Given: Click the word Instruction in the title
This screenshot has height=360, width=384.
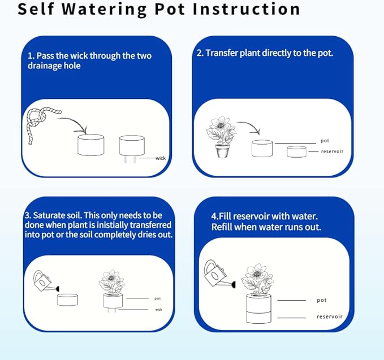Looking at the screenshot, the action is click(x=247, y=9).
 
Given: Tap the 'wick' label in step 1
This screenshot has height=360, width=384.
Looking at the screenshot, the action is click(x=161, y=158).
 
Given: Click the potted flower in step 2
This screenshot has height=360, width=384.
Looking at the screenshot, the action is click(x=221, y=137).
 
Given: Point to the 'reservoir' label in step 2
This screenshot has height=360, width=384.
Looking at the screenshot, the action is click(x=332, y=151).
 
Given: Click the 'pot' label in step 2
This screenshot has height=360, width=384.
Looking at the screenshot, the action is click(x=325, y=141).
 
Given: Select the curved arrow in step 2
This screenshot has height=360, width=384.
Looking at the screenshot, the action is click(x=249, y=127).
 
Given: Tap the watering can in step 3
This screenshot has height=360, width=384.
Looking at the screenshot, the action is click(x=46, y=281).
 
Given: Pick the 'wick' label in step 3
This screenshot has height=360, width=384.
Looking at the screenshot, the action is click(x=159, y=310).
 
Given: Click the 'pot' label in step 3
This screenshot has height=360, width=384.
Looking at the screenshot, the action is click(x=157, y=298).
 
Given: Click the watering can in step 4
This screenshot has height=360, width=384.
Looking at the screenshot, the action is click(x=219, y=274).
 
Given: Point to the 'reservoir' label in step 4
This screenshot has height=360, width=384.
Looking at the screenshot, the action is click(x=329, y=316).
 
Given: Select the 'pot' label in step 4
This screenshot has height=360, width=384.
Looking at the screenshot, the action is click(x=322, y=300).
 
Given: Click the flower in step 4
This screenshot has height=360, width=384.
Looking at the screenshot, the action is click(x=257, y=279).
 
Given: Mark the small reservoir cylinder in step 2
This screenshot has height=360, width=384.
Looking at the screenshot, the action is click(x=296, y=151).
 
